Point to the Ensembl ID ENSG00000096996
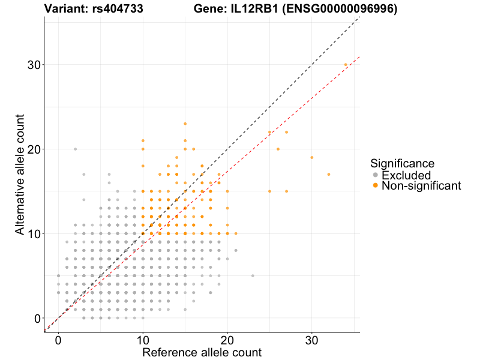click(x=339, y=9)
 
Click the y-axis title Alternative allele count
click(x=20, y=173)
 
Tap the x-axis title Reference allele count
click(x=202, y=352)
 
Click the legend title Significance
click(x=402, y=163)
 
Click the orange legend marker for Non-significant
click(x=376, y=186)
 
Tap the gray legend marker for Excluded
click(x=376, y=175)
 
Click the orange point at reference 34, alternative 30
click(x=346, y=64)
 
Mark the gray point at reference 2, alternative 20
click(x=75, y=149)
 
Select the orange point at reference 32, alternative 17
click(x=329, y=174)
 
